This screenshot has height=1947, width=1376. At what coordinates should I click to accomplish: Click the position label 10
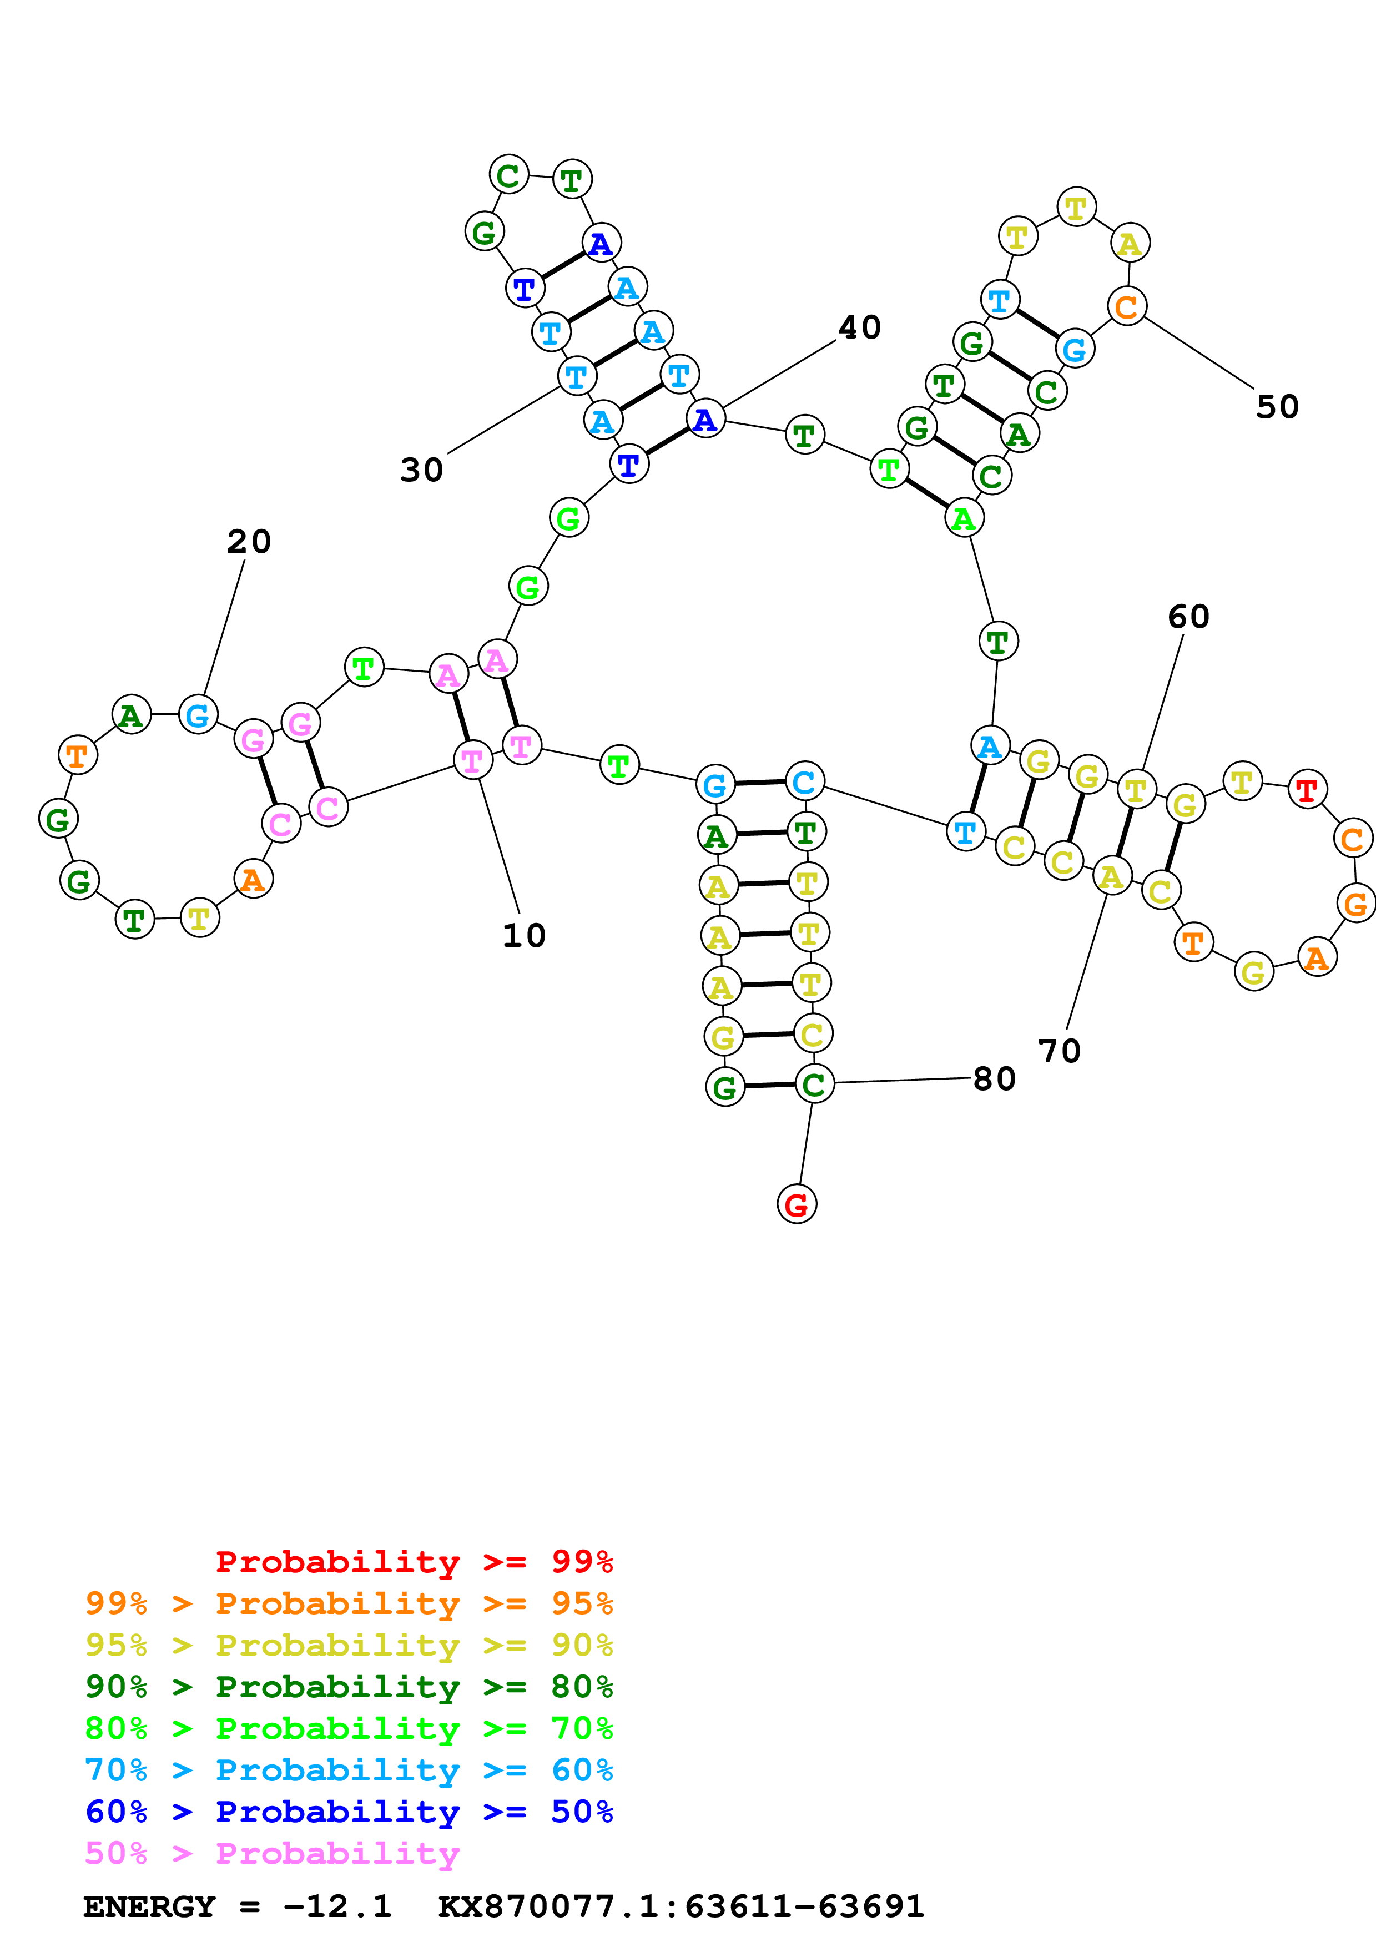(x=524, y=935)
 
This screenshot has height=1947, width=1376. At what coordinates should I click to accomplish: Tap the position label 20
(x=249, y=542)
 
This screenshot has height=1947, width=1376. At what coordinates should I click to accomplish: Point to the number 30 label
(x=421, y=470)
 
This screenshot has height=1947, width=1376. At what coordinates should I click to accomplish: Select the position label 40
(x=860, y=327)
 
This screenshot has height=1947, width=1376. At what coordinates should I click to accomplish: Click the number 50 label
(x=1277, y=407)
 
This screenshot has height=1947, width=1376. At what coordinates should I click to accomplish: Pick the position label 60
(x=1188, y=617)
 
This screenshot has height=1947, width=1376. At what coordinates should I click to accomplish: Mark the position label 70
(x=1059, y=1051)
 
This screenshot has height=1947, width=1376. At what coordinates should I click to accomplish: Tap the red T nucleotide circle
(x=1307, y=789)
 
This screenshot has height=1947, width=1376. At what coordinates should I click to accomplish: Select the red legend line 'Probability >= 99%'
(x=414, y=1562)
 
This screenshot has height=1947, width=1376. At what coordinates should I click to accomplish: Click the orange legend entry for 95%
(x=349, y=1603)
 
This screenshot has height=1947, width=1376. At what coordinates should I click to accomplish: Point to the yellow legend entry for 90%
(x=349, y=1645)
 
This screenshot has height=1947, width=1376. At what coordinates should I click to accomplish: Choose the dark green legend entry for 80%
(x=349, y=1687)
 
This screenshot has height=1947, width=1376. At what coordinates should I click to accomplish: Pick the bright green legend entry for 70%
(x=349, y=1728)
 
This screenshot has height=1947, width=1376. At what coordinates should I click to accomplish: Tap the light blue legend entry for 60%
(x=349, y=1770)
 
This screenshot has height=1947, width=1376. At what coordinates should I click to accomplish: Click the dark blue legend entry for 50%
(x=349, y=1812)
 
